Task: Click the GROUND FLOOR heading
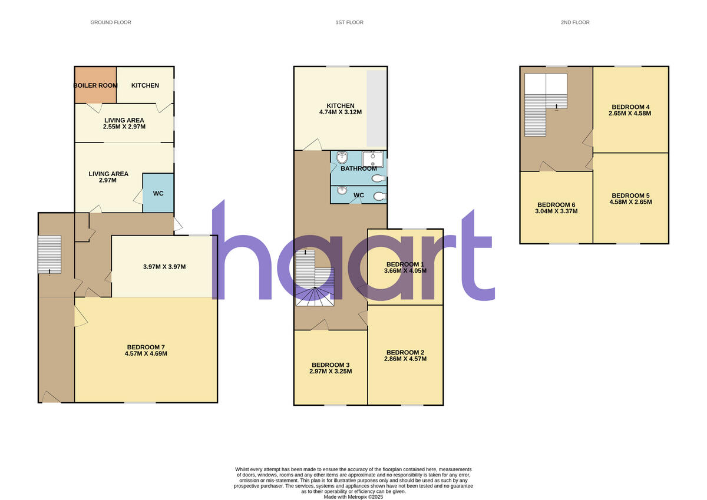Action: (x=111, y=22)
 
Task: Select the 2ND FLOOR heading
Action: (x=575, y=22)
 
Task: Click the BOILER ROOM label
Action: (x=95, y=85)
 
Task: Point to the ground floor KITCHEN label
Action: (x=145, y=85)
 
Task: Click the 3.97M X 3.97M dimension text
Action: (x=164, y=267)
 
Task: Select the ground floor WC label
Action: (x=158, y=193)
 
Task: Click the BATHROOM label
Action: (x=358, y=168)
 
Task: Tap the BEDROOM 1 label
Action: (x=405, y=264)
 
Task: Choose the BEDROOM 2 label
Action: (x=405, y=353)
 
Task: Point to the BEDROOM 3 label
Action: (x=331, y=364)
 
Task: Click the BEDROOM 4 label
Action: (x=630, y=107)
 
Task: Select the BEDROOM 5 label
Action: (x=630, y=196)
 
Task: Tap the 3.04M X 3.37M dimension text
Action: (x=556, y=211)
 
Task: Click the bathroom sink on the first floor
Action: (x=372, y=159)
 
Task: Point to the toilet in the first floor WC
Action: (x=380, y=197)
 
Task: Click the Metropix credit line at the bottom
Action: (x=353, y=496)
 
